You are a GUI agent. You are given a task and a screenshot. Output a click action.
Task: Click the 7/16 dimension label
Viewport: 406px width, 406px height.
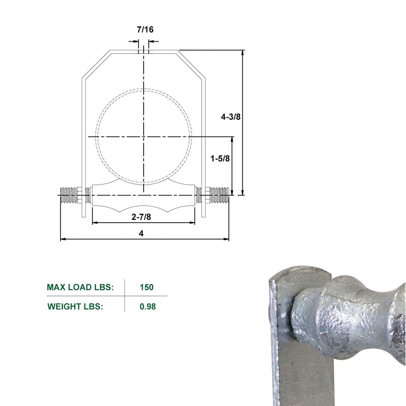coord(145,29)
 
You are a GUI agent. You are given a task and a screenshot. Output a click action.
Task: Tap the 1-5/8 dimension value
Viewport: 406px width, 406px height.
coord(220,158)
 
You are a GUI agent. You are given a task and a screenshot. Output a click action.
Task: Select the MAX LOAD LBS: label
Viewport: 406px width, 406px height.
coord(80,287)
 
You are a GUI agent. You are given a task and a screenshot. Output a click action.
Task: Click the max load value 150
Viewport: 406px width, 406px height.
coord(146,287)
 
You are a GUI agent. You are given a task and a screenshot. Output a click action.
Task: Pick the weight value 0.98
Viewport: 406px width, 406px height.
coord(146,307)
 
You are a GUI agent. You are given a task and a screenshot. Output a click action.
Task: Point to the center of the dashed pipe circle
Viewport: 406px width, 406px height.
coord(144,137)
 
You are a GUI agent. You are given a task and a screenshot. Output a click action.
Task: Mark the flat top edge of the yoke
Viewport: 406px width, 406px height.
coord(144,50)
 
